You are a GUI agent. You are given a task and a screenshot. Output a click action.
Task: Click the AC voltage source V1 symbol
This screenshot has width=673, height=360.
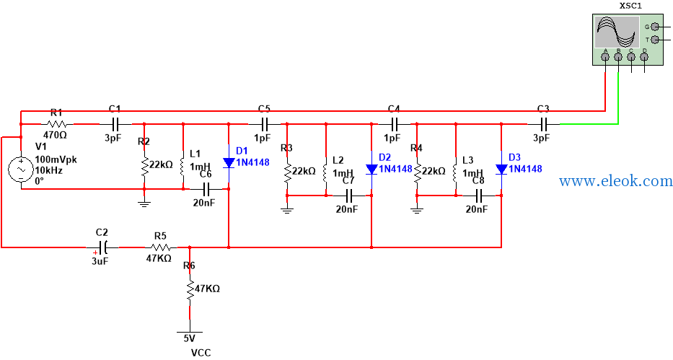pyautogui.click(x=21, y=169)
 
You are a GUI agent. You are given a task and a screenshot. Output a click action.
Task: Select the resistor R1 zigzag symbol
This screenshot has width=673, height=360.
pyautogui.click(x=57, y=124)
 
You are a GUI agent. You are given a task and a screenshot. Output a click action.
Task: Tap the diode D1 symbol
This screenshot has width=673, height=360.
pyautogui.click(x=229, y=162)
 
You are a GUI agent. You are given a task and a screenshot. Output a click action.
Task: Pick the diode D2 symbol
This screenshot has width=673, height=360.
pyautogui.click(x=371, y=169)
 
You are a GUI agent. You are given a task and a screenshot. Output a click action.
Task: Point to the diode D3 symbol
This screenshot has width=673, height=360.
pyautogui.click(x=501, y=169)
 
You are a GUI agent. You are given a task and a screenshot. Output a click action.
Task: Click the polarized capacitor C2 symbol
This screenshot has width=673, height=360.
pyautogui.click(x=102, y=247)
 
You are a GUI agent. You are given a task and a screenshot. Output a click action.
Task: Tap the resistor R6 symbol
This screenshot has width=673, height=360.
pyautogui.click(x=189, y=289)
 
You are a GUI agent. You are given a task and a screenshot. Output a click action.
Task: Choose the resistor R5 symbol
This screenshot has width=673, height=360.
pyautogui.click(x=161, y=247)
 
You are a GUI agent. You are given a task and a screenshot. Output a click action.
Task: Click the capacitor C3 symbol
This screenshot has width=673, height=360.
pyautogui.click(x=543, y=124)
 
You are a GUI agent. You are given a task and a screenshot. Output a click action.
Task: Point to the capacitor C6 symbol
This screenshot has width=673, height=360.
pyautogui.click(x=206, y=188)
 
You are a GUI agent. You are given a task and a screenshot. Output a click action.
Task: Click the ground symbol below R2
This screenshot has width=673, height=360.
pyautogui.click(x=144, y=203)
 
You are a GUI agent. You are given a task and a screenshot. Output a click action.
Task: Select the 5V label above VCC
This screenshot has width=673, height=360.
pyautogui.click(x=189, y=338)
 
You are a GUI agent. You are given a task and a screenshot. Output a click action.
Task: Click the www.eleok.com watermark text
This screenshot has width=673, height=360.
pyautogui.click(x=615, y=181)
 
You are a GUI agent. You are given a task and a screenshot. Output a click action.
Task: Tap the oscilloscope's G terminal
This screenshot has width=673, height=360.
pyautogui.click(x=654, y=27)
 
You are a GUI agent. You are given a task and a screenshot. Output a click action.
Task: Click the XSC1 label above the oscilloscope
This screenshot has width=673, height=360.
pyautogui.click(x=630, y=6)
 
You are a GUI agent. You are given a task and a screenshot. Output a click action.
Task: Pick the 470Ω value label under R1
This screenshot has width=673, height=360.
pyautogui.click(x=55, y=135)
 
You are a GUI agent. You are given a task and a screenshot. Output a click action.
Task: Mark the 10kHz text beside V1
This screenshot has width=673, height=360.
pyautogui.click(x=49, y=170)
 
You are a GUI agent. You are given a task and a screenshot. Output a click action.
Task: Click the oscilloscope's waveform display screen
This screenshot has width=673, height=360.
pyautogui.click(x=617, y=32)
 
